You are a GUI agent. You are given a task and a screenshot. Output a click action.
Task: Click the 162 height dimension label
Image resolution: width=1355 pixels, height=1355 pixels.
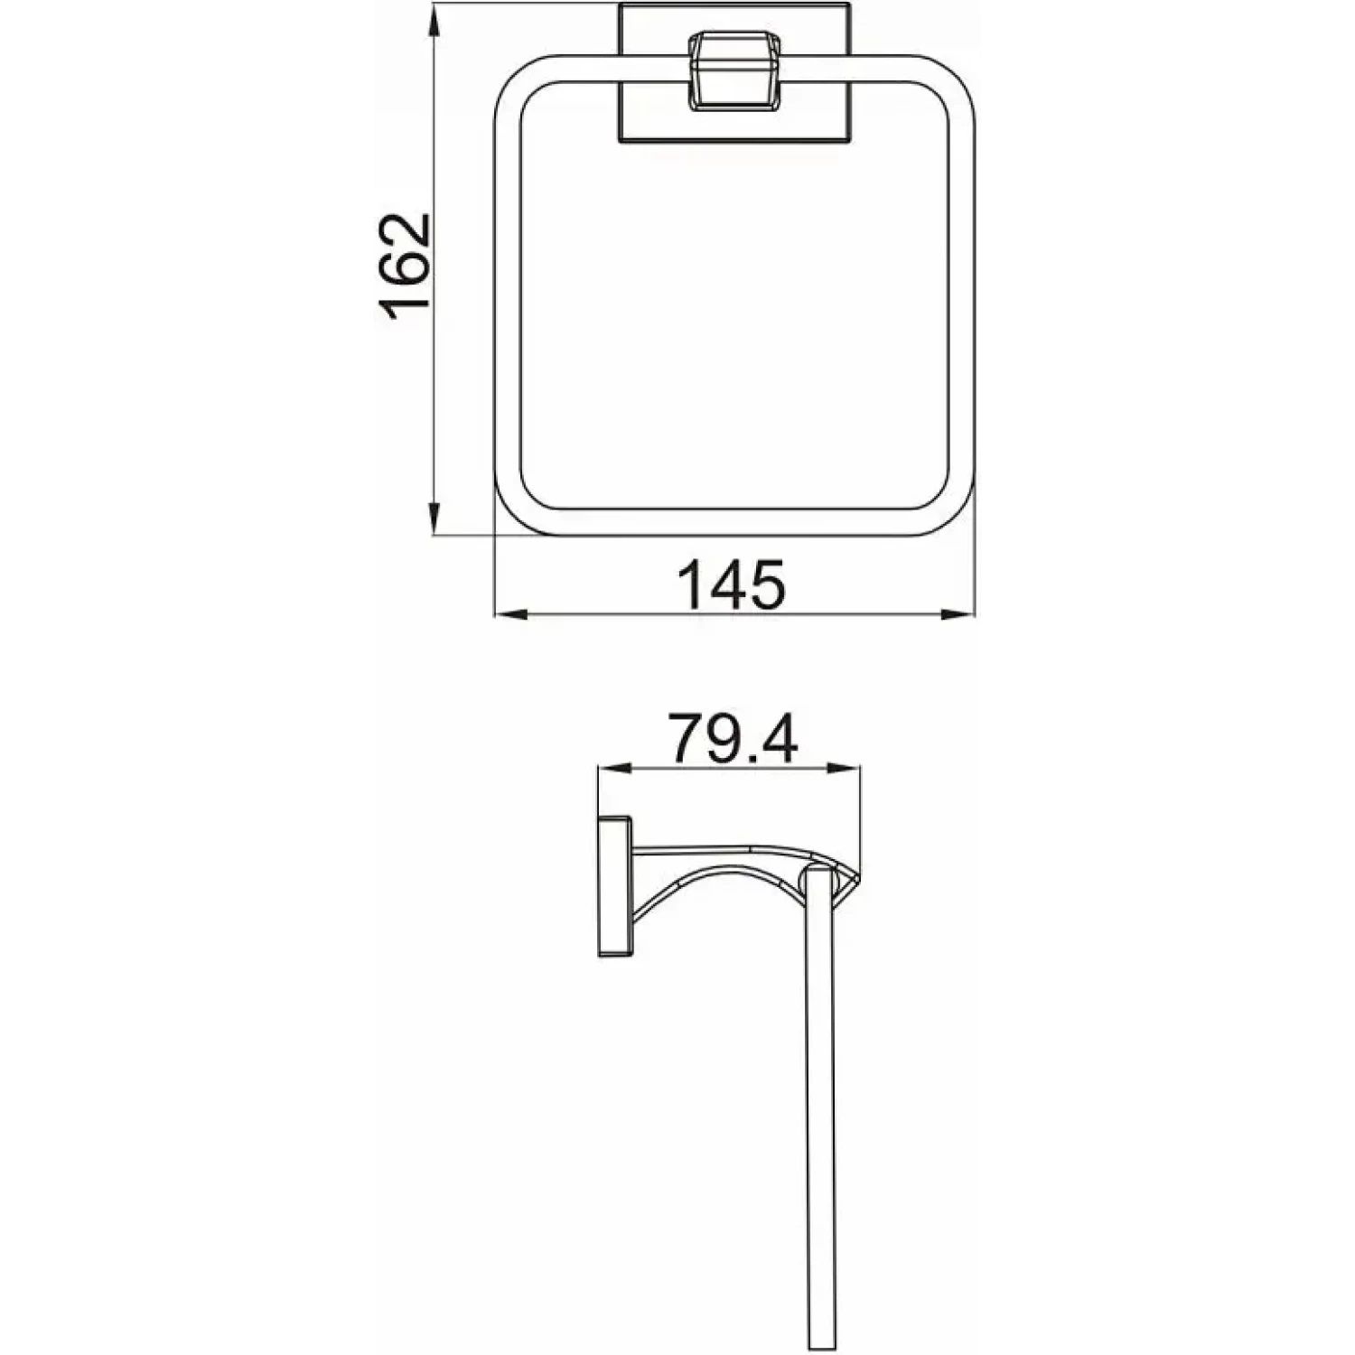click(x=404, y=268)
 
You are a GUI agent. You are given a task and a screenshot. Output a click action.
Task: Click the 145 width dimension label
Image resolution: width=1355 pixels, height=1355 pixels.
click(x=733, y=585)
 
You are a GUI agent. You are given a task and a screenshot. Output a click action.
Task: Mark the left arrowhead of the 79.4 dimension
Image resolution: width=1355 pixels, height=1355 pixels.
click(x=612, y=770)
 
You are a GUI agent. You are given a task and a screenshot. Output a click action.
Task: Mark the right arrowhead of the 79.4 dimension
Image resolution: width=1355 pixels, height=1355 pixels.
click(x=844, y=770)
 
